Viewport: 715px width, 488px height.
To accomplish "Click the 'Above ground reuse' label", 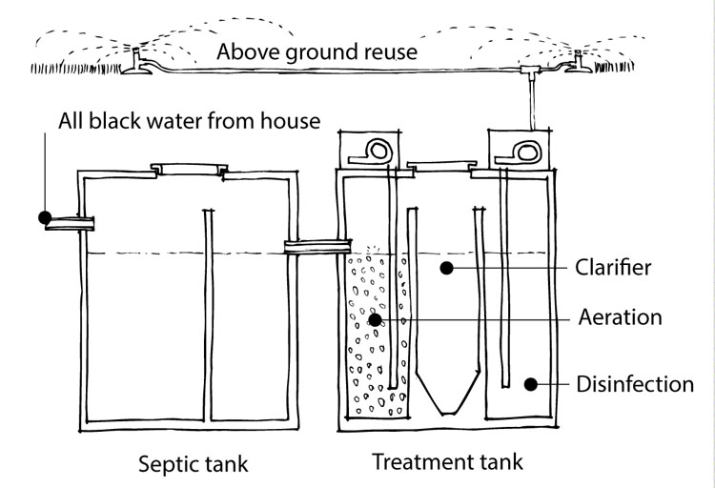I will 317,51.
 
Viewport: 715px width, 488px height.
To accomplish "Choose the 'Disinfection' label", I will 634,385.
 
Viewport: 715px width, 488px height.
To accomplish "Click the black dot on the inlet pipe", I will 45,218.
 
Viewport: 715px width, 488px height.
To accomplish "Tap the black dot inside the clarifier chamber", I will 444,269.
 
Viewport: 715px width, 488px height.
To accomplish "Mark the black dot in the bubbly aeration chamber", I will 376,319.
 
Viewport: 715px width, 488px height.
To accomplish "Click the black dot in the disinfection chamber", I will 533,385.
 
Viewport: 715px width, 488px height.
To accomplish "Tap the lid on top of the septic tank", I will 191,170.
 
